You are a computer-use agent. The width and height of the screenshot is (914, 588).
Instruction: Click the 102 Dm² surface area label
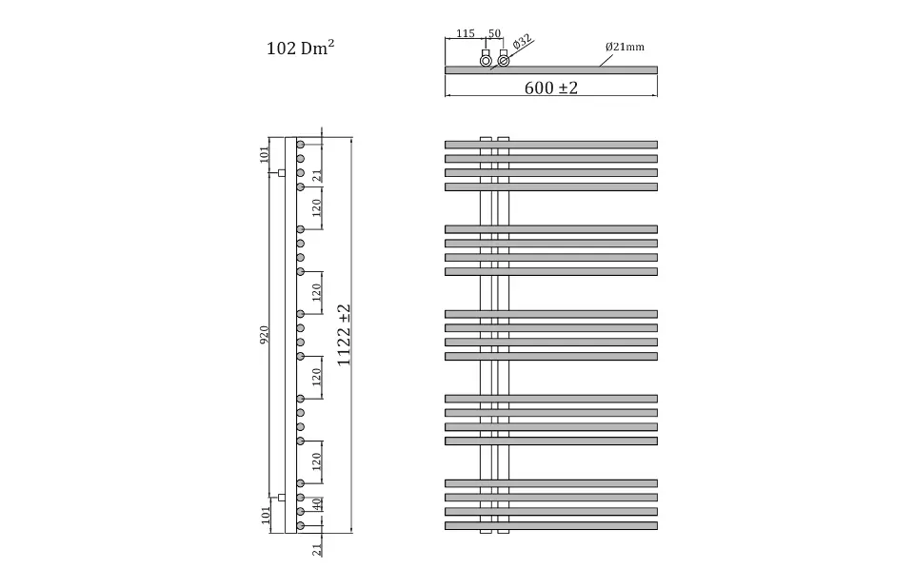pyautogui.click(x=300, y=48)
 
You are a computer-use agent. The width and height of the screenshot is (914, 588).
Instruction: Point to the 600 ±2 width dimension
pyautogui.click(x=551, y=88)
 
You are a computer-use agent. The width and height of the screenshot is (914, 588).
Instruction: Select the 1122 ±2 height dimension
pyautogui.click(x=344, y=335)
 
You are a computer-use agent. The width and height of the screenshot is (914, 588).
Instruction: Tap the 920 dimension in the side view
pyautogui.click(x=264, y=335)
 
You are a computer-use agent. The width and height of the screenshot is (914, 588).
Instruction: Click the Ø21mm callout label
pyautogui.click(x=625, y=47)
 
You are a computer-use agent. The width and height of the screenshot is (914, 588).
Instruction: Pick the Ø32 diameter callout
pyautogui.click(x=522, y=42)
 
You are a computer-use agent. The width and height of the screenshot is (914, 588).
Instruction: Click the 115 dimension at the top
pyautogui.click(x=466, y=34)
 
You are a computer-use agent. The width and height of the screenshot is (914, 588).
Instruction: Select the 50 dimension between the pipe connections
pyautogui.click(x=494, y=33)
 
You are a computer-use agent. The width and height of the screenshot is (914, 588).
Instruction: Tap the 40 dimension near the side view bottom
pyautogui.click(x=316, y=504)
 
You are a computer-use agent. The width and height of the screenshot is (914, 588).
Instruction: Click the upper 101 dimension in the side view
pyautogui.click(x=265, y=154)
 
